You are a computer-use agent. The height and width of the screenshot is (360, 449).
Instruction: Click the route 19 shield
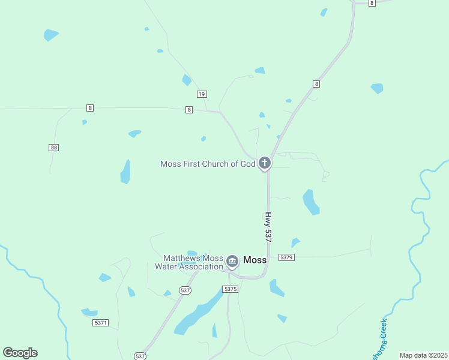(x=202, y=94)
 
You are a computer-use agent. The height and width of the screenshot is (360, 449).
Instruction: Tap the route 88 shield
(x=54, y=147)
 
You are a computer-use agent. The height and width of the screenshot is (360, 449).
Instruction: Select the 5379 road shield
(x=286, y=257)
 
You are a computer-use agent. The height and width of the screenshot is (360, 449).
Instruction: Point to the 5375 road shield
(x=231, y=289)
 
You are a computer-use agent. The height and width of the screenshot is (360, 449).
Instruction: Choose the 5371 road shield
(x=101, y=323)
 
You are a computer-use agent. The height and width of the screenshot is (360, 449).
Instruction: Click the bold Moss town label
(x=255, y=260)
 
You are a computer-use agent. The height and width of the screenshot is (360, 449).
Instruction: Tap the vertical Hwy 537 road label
(x=268, y=227)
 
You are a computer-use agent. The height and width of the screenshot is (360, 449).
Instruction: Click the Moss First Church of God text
(x=208, y=164)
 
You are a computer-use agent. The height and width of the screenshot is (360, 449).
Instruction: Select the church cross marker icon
(x=264, y=163)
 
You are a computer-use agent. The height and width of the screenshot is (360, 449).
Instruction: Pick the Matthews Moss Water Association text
(x=189, y=262)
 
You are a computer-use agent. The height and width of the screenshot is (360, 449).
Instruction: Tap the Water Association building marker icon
(x=232, y=261)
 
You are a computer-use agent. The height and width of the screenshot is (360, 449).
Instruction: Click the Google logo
(x=20, y=352)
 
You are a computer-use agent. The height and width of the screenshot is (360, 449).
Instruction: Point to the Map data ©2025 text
(x=423, y=355)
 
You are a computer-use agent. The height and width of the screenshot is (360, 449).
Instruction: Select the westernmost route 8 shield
(x=90, y=108)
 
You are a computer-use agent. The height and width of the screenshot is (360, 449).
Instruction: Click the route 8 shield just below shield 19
(x=189, y=110)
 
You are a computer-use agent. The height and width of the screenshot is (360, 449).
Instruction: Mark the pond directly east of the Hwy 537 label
(x=310, y=202)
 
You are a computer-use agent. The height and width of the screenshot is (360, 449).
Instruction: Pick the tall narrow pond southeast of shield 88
(x=125, y=172)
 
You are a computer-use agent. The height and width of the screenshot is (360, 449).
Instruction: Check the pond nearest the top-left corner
(x=50, y=35)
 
